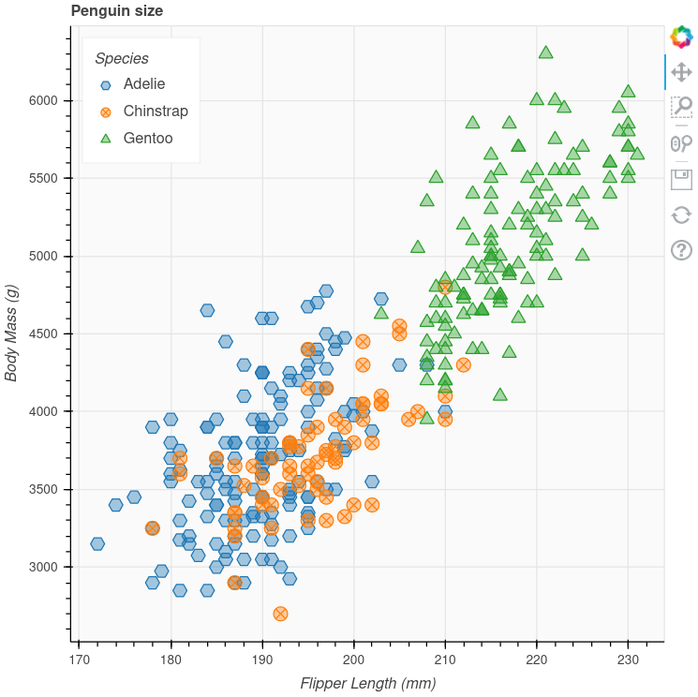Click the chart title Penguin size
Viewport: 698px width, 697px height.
point(117,11)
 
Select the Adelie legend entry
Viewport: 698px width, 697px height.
point(143,84)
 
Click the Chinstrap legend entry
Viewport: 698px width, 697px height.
point(155,111)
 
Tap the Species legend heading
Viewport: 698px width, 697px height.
point(122,58)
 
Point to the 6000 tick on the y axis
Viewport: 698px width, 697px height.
point(44,100)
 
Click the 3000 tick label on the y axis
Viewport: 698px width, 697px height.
point(44,567)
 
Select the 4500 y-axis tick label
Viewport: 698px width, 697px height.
point(44,334)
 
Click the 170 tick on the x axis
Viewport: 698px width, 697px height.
point(79,660)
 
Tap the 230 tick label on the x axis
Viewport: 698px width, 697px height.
point(627,660)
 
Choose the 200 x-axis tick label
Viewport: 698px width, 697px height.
point(353,660)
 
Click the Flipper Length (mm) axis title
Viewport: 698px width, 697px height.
point(368,684)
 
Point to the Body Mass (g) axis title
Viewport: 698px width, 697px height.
point(12,320)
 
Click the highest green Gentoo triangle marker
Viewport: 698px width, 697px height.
point(545,52)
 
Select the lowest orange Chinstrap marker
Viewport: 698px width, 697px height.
point(280,614)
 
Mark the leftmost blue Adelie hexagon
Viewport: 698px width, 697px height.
point(97,543)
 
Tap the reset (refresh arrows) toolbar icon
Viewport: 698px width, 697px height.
point(681,215)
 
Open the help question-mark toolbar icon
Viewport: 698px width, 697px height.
point(681,250)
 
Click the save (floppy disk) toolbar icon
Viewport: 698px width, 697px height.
point(681,179)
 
